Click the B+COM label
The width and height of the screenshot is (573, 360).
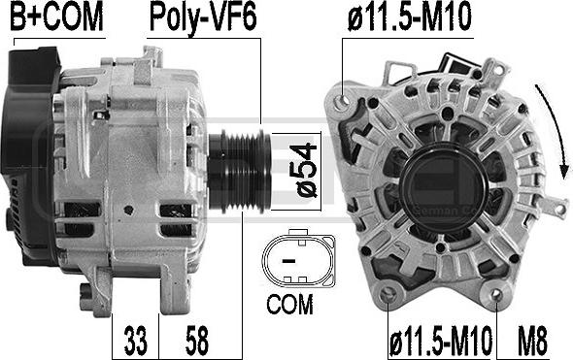pyautogui.click(x=57, y=16)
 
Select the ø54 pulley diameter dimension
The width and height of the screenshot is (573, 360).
pyautogui.click(x=303, y=171)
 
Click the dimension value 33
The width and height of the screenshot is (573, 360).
pyautogui.click(x=136, y=341)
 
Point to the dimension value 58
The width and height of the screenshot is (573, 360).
pyautogui.click(x=197, y=341)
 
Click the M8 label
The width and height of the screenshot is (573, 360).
pyautogui.click(x=532, y=341)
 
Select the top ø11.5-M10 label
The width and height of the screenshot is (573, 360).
pyautogui.click(x=410, y=16)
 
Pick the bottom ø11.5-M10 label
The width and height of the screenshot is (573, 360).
pyautogui.click(x=441, y=341)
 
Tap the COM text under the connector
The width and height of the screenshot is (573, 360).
pyautogui.click(x=289, y=304)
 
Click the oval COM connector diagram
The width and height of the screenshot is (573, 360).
pyautogui.click(x=298, y=258)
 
